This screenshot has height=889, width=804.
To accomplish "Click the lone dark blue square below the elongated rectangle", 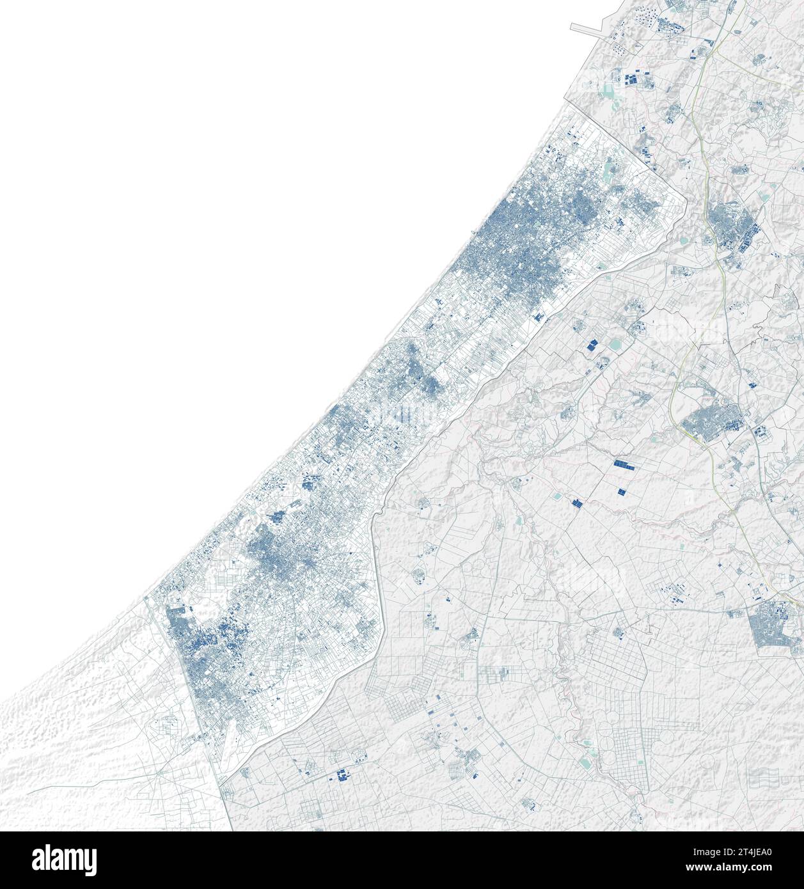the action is (x=620, y=491).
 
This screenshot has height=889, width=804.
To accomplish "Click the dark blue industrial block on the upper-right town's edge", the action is (x=745, y=242).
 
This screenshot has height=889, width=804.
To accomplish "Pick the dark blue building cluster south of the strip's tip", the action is (x=341, y=776).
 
